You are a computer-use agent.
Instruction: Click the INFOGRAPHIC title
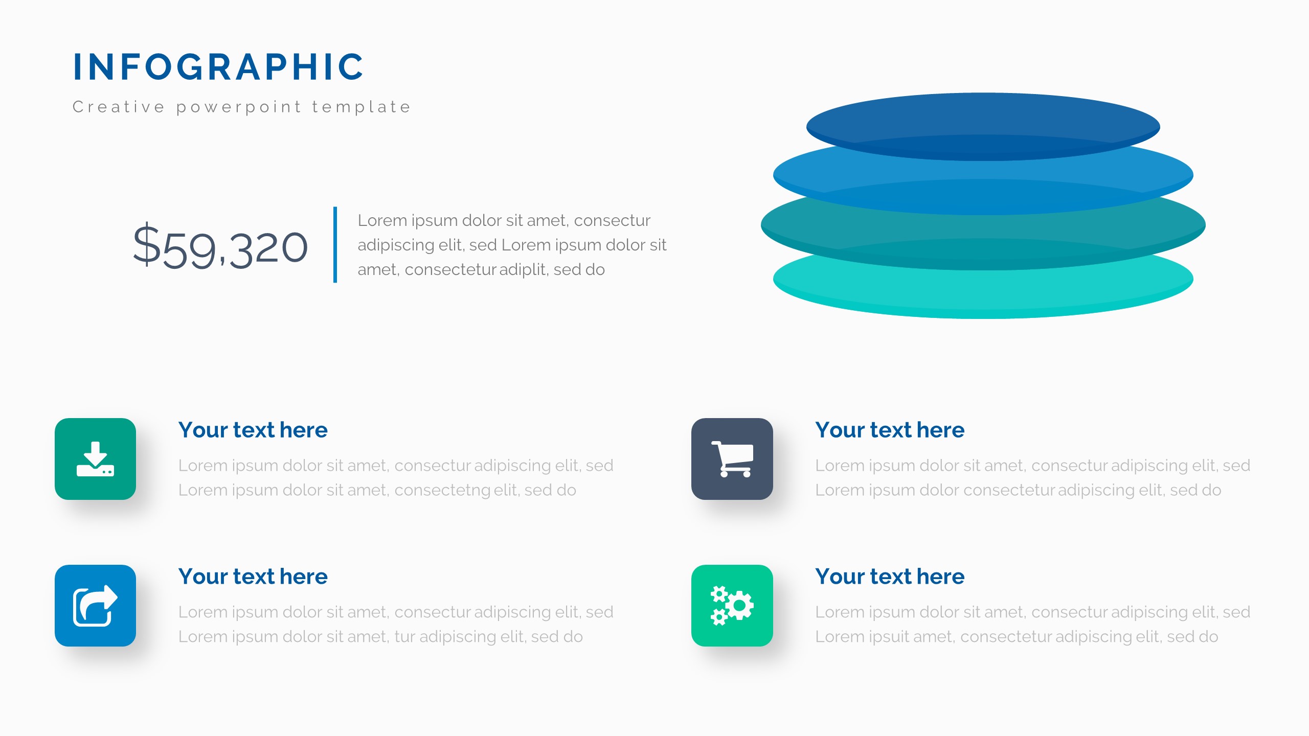pos(218,67)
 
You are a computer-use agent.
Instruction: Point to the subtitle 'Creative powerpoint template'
pos(242,107)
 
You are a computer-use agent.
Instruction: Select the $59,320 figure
pos(220,247)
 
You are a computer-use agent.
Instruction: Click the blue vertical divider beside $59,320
pos(335,244)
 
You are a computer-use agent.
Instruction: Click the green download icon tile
pos(95,459)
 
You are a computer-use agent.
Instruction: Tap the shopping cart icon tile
pos(732,459)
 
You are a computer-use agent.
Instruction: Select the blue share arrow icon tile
pos(95,606)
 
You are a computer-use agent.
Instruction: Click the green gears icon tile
pos(732,606)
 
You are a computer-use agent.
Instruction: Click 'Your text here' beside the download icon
pos(253,430)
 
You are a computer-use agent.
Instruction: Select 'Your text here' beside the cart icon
pos(890,430)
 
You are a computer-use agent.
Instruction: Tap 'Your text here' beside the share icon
pos(253,577)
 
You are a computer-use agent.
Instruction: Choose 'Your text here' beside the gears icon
pos(890,577)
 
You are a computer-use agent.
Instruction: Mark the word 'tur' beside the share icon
pos(404,637)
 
